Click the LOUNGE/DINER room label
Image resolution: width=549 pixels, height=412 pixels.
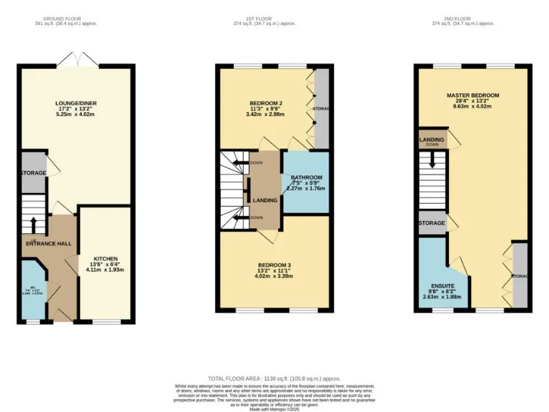(x=76, y=103)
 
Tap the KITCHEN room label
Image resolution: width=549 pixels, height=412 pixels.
(x=105, y=258)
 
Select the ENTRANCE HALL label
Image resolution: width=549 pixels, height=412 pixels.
(x=49, y=244)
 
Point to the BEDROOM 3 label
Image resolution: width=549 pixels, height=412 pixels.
(x=274, y=265)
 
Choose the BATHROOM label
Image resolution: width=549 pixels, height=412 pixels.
(x=306, y=177)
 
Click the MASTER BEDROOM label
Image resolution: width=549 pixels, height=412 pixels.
(x=473, y=95)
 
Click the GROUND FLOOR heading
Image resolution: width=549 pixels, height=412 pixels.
(x=69, y=18)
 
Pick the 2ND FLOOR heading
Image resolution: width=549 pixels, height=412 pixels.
(x=473, y=18)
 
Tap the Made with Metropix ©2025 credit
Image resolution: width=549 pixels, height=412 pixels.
(x=274, y=408)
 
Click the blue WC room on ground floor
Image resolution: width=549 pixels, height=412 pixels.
(x=33, y=290)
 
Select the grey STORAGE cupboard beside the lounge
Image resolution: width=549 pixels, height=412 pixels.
(x=33, y=172)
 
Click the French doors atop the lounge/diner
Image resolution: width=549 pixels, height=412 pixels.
(x=76, y=60)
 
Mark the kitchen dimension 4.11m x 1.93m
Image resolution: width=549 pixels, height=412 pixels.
(x=105, y=270)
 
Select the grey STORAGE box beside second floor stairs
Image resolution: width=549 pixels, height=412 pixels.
(x=432, y=223)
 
